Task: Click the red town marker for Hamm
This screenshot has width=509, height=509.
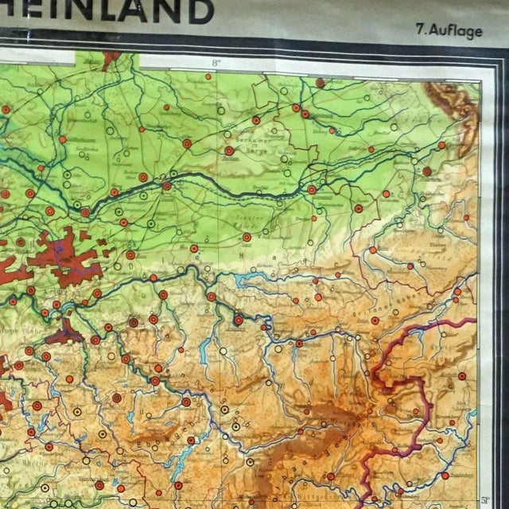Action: point(166,186)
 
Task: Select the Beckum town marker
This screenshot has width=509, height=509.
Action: point(228,150)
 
